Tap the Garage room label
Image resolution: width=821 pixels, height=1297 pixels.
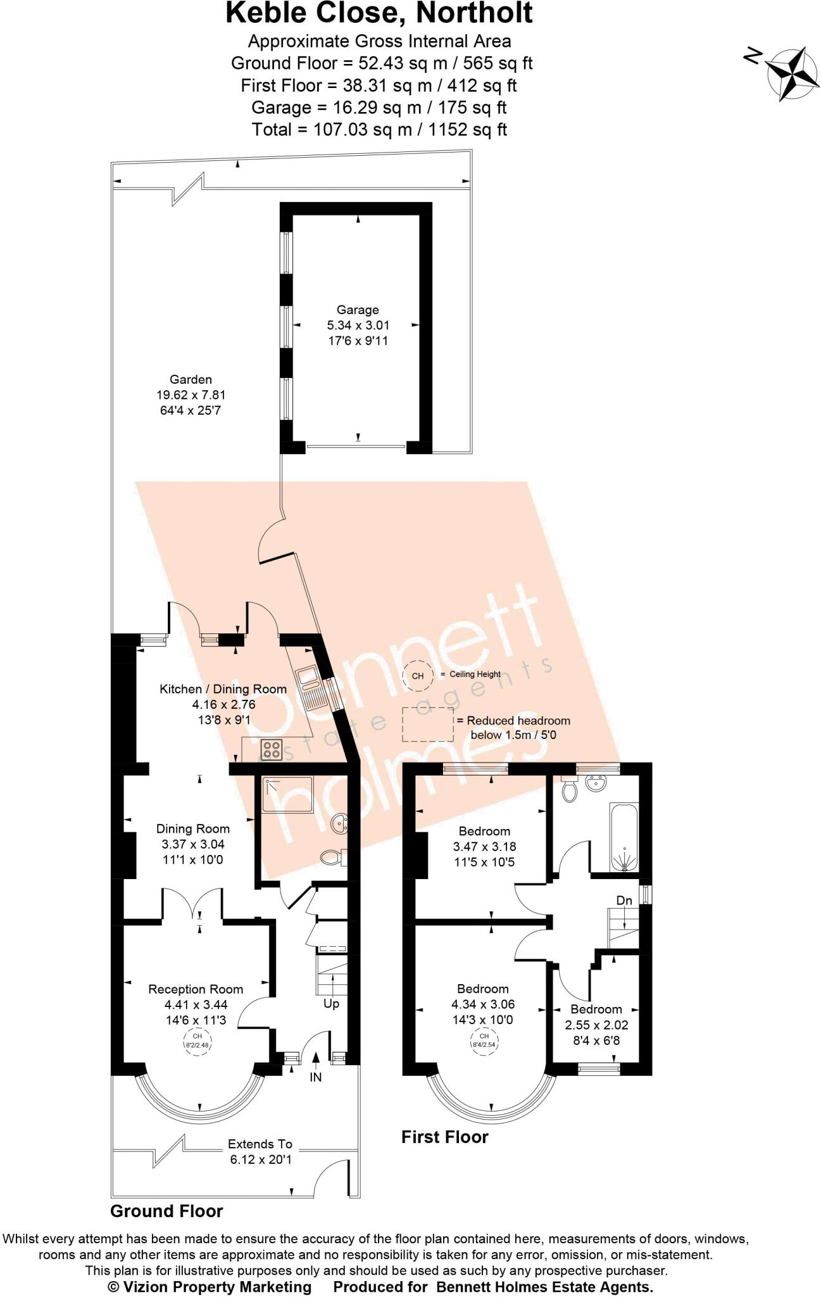[358, 310]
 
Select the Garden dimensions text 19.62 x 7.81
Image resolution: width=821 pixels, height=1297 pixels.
[191, 395]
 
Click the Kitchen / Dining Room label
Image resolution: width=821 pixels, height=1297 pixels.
[223, 688]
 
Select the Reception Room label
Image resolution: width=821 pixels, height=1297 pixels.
[196, 989]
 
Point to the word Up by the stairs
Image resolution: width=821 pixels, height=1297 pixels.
[331, 1004]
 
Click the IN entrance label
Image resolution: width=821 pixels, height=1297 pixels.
[315, 1077]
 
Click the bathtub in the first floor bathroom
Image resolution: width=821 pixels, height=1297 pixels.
[624, 837]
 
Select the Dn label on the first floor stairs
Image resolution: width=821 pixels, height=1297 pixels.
[624, 900]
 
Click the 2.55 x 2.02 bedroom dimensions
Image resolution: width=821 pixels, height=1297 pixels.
[596, 1025]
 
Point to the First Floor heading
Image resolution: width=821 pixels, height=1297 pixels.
[445, 1137]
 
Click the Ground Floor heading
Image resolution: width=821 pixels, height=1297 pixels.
[166, 1211]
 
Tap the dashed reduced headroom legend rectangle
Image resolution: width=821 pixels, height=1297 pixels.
[429, 724]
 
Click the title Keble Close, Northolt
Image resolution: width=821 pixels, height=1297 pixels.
[379, 13]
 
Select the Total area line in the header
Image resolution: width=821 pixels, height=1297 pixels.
[379, 130]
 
